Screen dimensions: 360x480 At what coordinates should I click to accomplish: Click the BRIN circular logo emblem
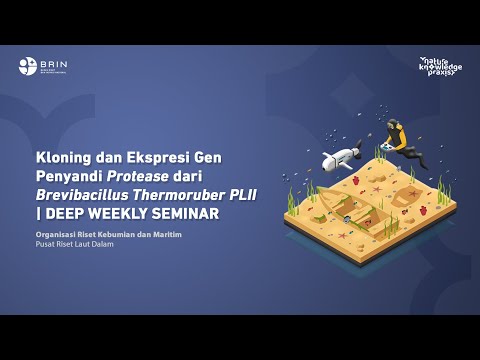(x=27, y=67)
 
